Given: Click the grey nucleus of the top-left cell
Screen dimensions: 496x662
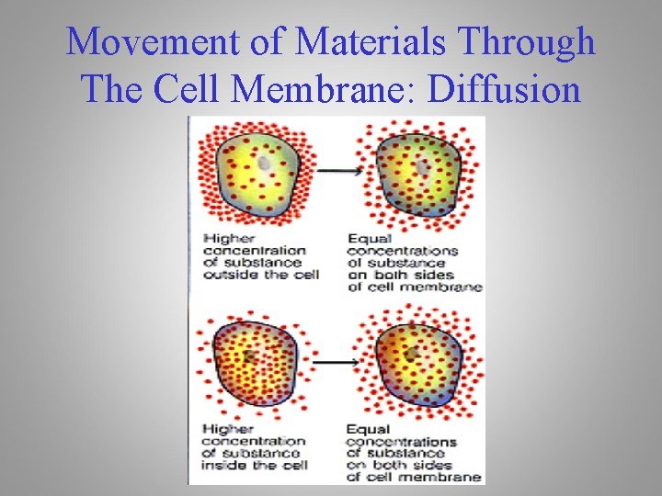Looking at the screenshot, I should [265, 163].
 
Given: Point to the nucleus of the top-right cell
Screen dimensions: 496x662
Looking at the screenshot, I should [422, 168].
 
